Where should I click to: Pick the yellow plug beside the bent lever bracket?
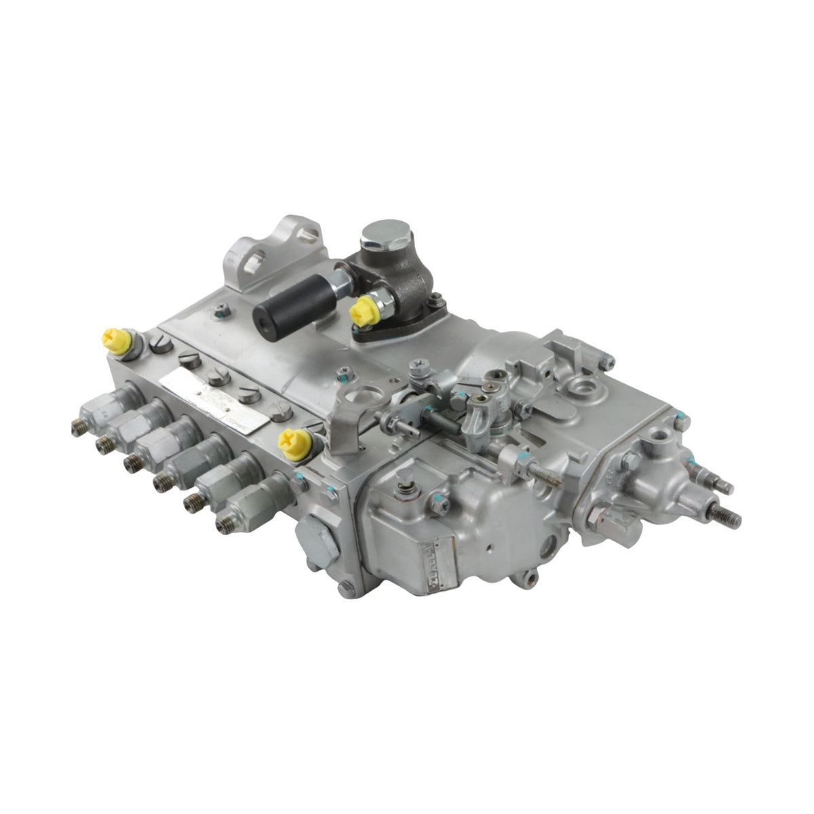point(296,442)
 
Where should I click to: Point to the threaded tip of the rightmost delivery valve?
point(222,523)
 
